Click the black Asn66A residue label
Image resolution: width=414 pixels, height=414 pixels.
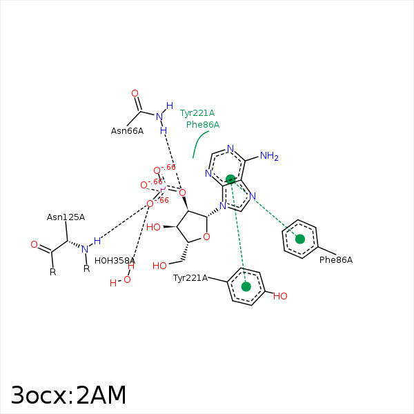point(127,130)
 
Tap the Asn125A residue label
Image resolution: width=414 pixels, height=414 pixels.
point(66,217)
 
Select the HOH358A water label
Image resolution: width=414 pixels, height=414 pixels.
point(115,261)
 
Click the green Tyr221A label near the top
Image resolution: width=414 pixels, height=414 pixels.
point(197,113)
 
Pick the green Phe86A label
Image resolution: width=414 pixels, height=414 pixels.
point(203,125)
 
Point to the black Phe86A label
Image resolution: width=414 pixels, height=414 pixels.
point(336,260)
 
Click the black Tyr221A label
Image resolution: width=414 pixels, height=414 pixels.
point(190,278)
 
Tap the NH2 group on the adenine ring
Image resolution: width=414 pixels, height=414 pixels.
point(269,156)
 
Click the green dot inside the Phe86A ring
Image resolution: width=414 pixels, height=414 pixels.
point(300,239)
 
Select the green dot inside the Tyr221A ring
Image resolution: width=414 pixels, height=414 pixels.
point(246,286)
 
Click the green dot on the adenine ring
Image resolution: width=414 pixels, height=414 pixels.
point(230,179)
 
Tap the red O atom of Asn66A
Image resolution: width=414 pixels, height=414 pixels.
point(135,93)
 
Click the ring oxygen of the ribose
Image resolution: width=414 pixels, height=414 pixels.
point(206,237)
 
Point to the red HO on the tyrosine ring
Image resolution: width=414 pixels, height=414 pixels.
point(280,296)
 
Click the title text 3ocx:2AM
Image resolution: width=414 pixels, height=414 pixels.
point(68,395)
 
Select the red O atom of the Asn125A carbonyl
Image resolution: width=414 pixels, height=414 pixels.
point(34,244)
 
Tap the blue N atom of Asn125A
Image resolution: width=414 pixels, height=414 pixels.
point(85,249)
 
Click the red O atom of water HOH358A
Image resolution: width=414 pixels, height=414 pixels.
point(127,279)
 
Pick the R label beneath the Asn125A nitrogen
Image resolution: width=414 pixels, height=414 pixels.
point(87,269)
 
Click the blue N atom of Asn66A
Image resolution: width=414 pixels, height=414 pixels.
point(159,117)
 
